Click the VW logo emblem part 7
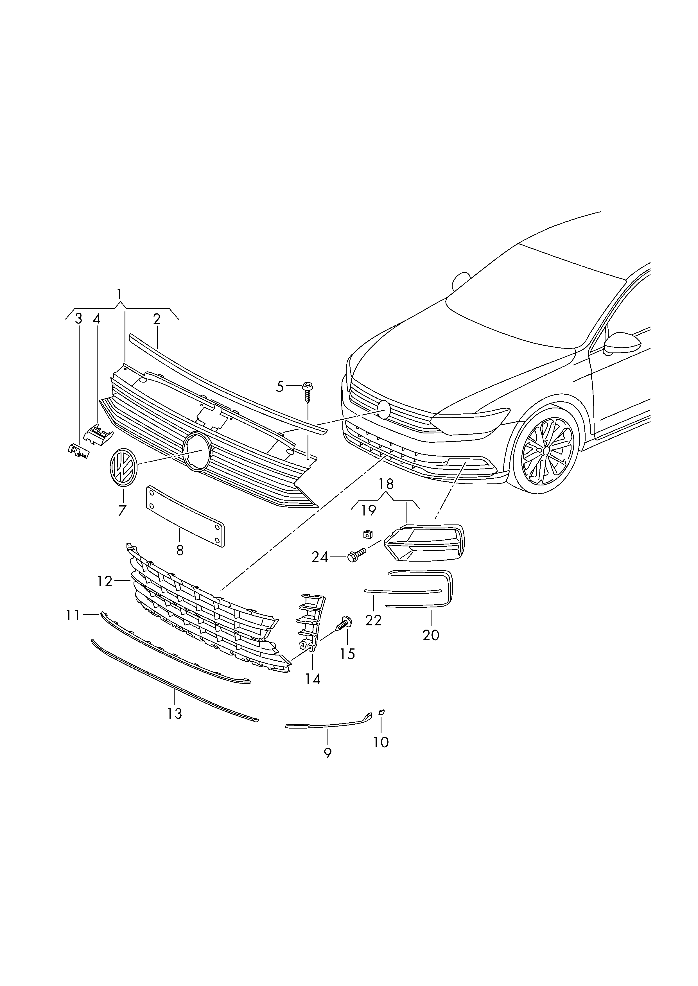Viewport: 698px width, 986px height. tap(123, 468)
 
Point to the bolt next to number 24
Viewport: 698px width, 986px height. tap(355, 555)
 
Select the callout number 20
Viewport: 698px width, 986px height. tap(431, 635)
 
